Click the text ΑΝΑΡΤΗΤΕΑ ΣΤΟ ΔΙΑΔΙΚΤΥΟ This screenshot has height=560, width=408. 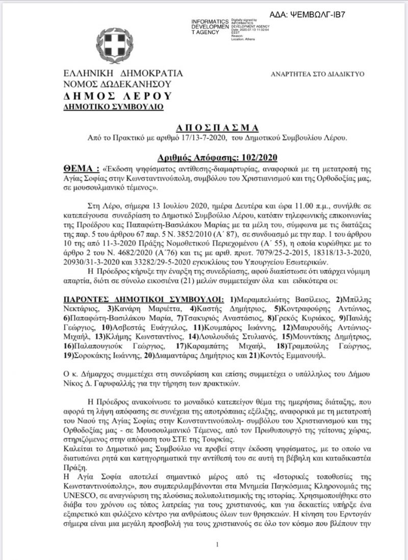pyautogui.click(x=317, y=74)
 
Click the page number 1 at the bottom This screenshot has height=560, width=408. pyautogui.click(x=217, y=545)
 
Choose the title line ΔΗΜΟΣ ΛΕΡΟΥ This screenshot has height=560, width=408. pyautogui.click(x=118, y=95)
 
